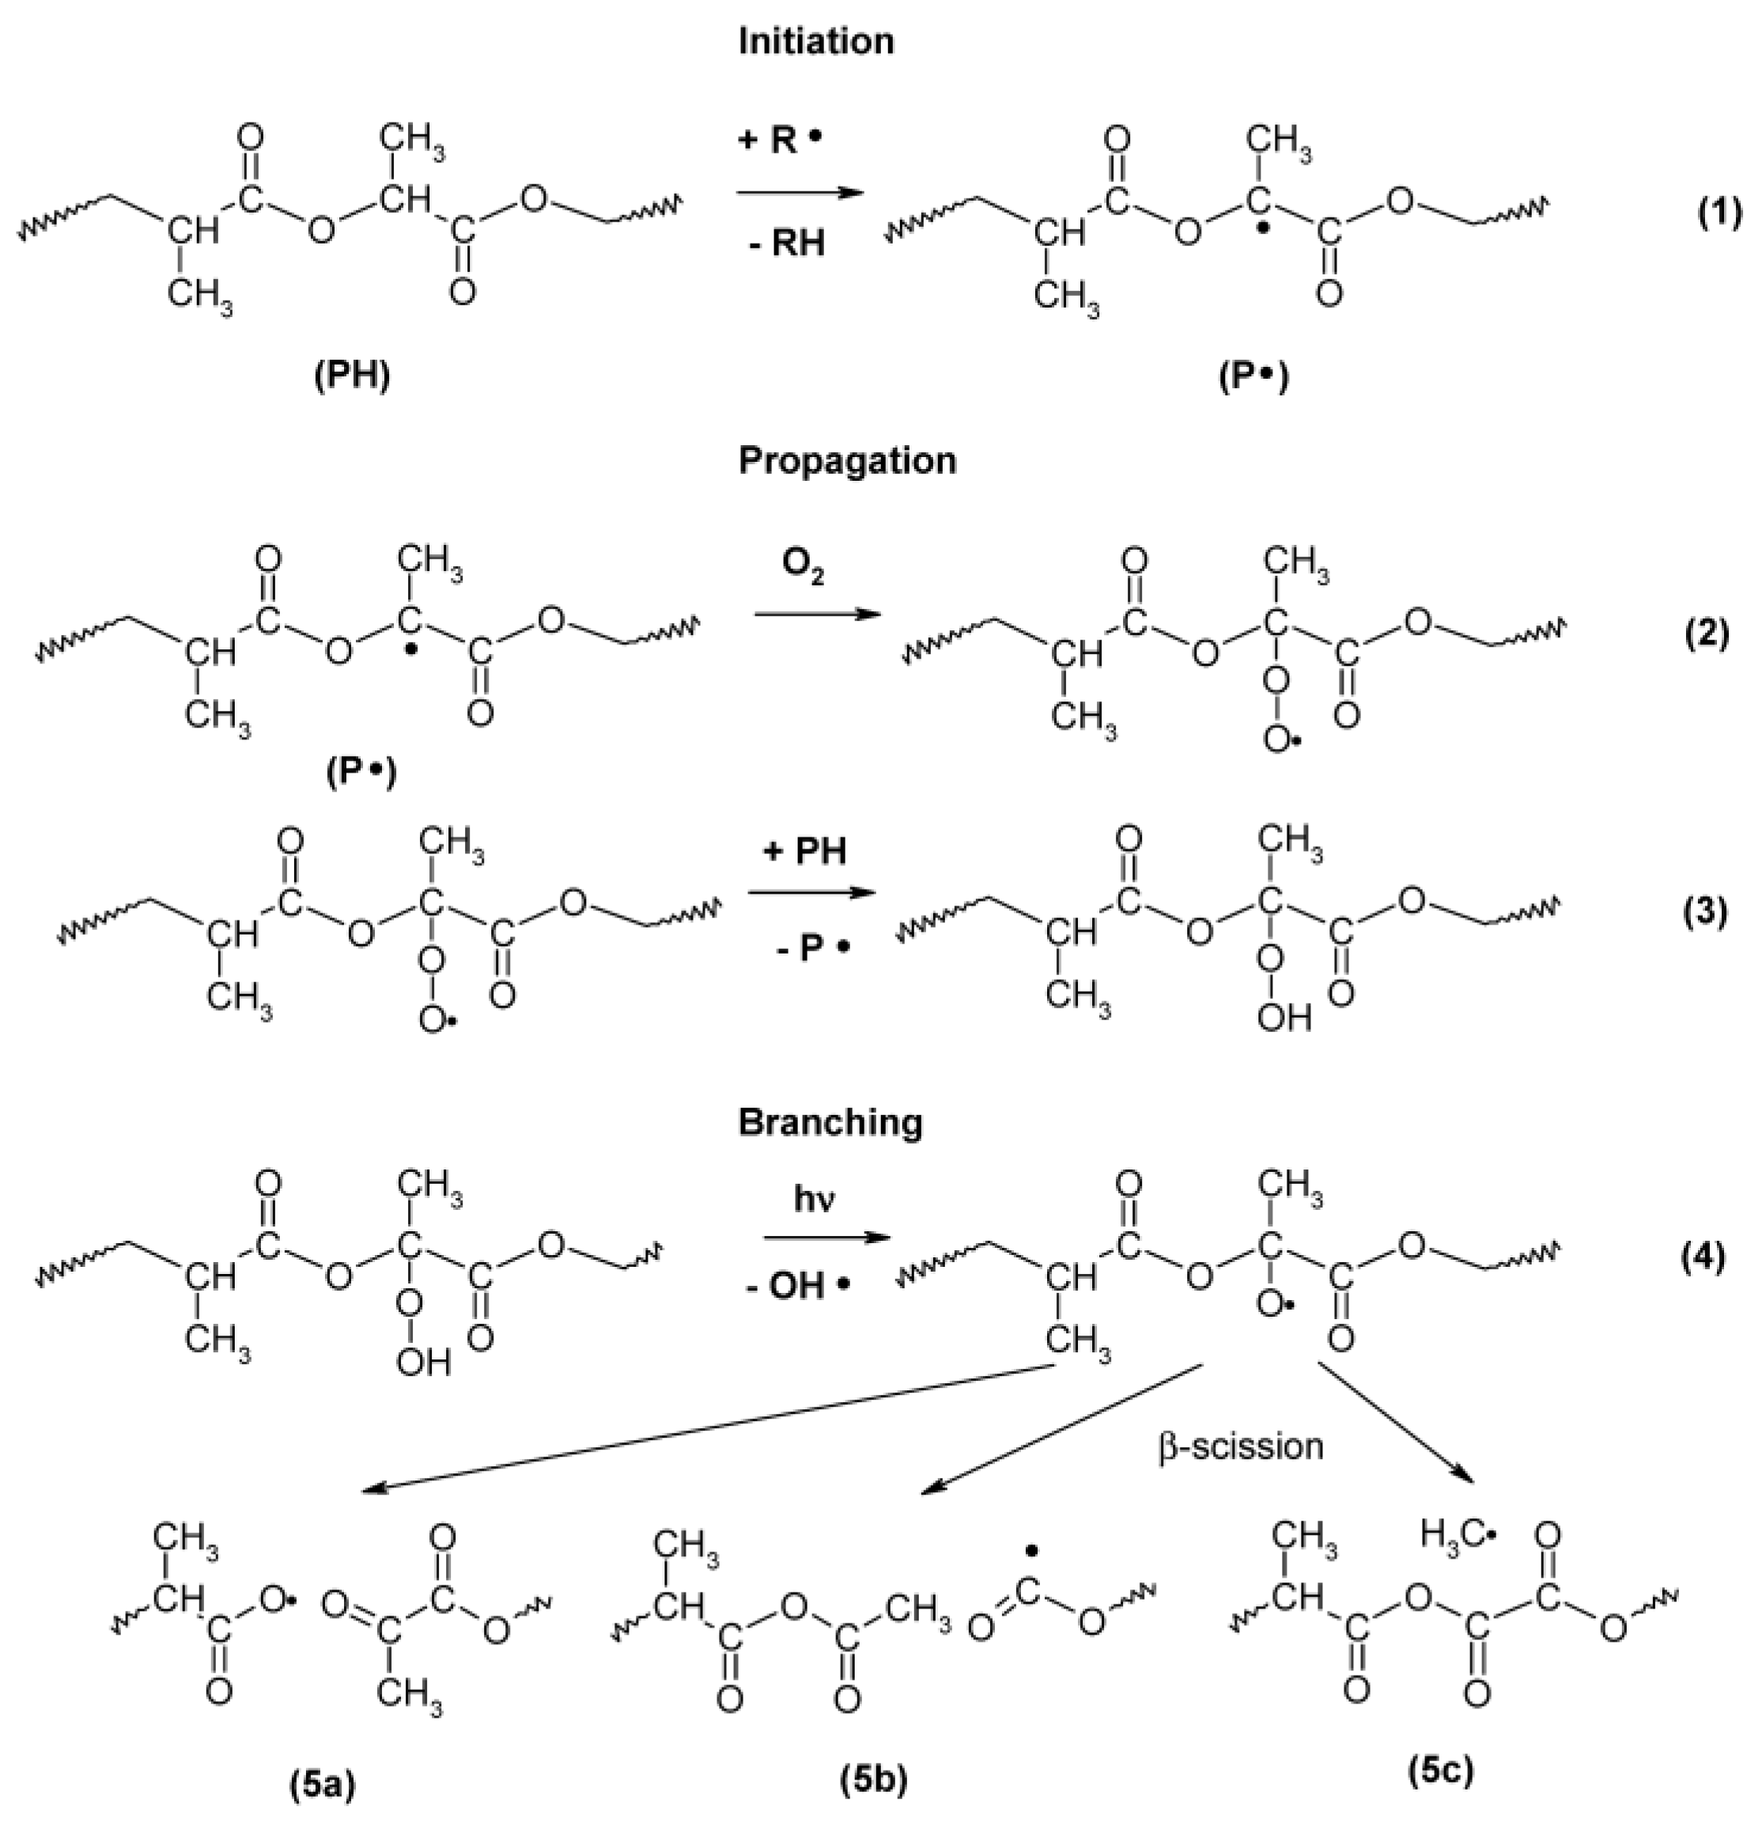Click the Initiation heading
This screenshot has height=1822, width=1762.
click(x=815, y=42)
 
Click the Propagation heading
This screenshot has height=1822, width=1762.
click(x=846, y=461)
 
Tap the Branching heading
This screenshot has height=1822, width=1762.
click(x=830, y=1123)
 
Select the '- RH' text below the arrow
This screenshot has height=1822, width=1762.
click(x=785, y=244)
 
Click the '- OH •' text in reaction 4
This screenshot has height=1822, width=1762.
click(x=799, y=1287)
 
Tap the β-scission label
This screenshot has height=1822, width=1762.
click(x=1240, y=1447)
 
